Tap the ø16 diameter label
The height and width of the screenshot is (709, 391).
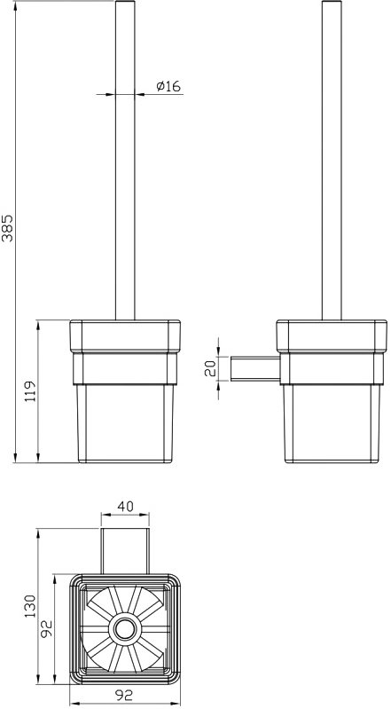pos(168,86)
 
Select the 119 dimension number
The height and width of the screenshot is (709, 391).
pos(30,392)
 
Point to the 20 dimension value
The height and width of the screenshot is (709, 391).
pos(210,368)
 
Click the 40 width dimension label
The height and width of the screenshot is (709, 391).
pos(125,507)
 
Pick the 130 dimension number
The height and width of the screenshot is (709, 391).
pos(30,606)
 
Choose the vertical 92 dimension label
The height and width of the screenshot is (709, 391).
pos(48,628)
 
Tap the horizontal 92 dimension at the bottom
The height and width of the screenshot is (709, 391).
pos(124,695)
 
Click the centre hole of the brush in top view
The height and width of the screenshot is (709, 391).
pos(124,628)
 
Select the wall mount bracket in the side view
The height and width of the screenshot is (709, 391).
pos(255,369)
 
